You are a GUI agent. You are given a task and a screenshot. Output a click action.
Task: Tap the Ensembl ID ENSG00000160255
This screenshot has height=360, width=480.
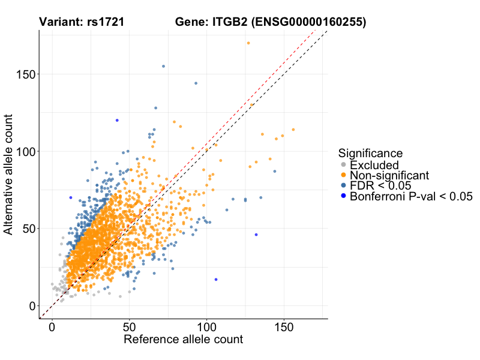click(308, 23)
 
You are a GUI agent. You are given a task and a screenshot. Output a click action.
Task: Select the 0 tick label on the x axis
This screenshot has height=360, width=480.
click(52, 329)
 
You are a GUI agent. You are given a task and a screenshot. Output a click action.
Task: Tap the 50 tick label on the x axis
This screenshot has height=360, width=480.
click(130, 329)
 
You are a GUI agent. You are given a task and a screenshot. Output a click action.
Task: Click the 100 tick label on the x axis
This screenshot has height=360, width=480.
click(207, 329)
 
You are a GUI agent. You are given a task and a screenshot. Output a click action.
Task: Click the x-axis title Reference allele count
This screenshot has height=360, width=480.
click(183, 340)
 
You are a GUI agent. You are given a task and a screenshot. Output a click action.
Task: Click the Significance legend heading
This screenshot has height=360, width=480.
click(370, 153)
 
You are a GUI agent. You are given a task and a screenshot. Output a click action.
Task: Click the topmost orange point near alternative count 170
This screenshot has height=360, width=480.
click(248, 43)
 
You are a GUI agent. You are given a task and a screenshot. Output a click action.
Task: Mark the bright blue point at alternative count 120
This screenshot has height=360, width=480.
click(117, 120)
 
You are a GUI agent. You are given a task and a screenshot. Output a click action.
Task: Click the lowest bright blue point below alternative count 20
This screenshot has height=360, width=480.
click(216, 280)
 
